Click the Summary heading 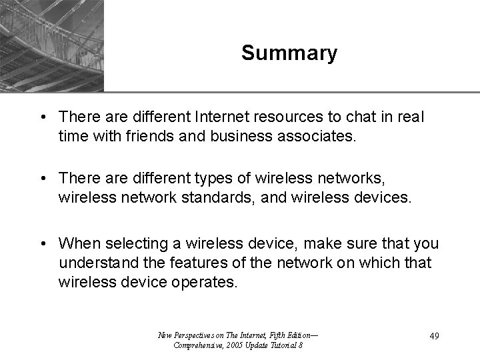[289, 53]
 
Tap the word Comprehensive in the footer [198, 345]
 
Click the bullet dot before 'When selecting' [43, 241]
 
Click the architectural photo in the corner [52, 45]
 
